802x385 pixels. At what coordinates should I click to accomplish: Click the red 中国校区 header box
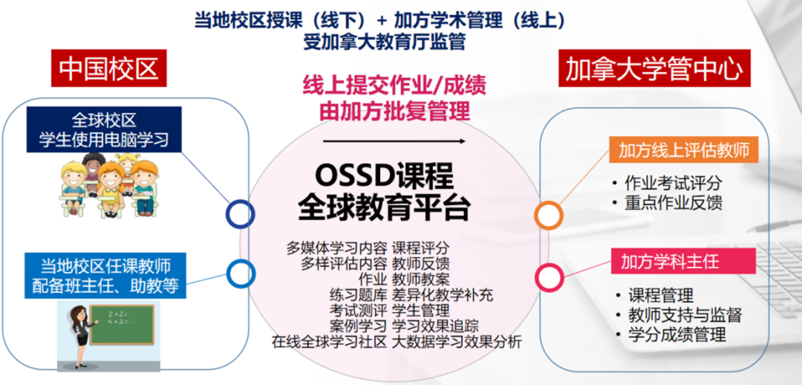[109, 68]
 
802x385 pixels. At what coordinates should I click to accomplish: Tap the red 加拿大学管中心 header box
[654, 68]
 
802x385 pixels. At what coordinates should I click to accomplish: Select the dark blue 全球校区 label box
[105, 129]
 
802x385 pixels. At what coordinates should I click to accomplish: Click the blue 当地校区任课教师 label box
[105, 276]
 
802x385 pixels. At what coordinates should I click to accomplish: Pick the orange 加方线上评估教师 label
[684, 151]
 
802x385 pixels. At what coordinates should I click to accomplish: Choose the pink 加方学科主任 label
[684, 261]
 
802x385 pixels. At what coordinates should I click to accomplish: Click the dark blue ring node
[241, 214]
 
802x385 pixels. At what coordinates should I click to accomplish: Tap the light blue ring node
[241, 274]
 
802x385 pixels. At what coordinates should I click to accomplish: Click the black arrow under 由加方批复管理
[394, 140]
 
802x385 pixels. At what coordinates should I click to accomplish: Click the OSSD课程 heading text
[384, 177]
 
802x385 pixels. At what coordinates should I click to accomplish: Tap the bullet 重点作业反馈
[667, 203]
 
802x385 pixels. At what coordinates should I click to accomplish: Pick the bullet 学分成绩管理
[671, 334]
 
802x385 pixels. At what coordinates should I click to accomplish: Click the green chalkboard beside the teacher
[121, 325]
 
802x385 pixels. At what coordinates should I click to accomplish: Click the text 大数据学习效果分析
[457, 342]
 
